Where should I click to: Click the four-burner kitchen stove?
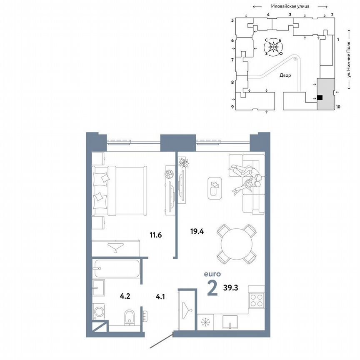[x=256, y=300]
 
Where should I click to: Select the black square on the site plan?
[x=320, y=97]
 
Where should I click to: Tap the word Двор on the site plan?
[x=285, y=75]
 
